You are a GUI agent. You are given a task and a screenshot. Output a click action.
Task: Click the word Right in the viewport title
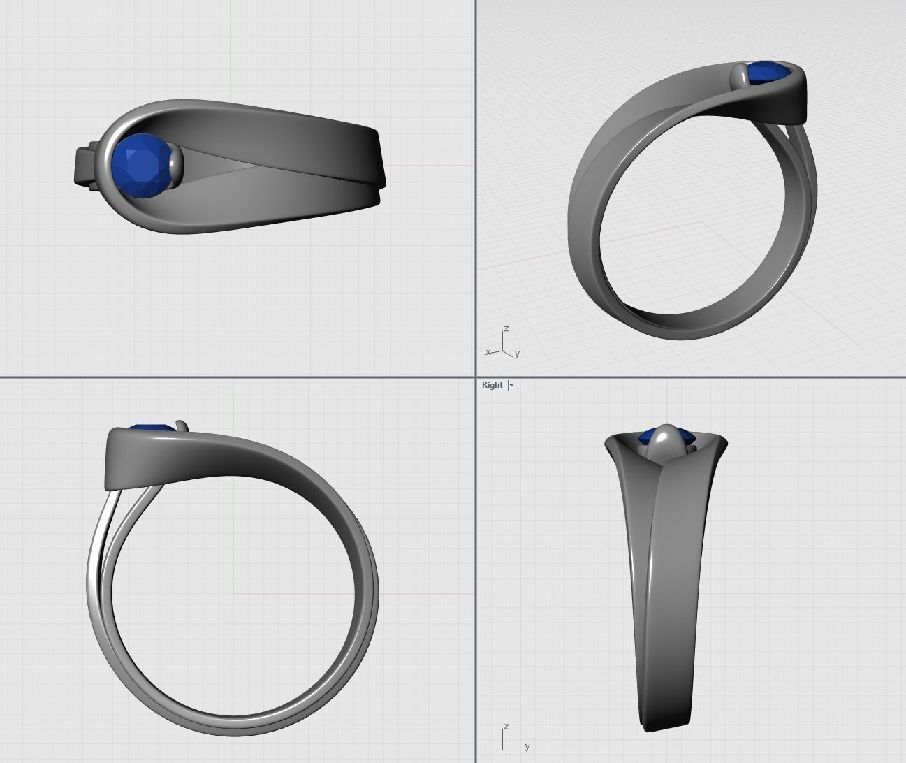click(x=492, y=385)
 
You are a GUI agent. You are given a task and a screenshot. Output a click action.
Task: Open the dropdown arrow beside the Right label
click(x=511, y=385)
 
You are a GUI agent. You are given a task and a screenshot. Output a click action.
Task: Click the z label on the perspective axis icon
click(x=506, y=328)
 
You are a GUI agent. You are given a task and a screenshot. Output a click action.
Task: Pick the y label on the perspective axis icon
click(x=517, y=354)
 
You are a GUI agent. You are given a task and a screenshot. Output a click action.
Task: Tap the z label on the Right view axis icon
click(x=506, y=727)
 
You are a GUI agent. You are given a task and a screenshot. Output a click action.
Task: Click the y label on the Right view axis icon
click(x=527, y=746)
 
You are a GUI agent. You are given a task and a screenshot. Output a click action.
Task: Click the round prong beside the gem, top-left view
click(x=176, y=166)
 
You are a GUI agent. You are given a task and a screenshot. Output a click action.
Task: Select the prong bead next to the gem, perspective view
click(x=739, y=75)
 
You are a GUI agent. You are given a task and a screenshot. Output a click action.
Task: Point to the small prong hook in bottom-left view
click(x=183, y=425)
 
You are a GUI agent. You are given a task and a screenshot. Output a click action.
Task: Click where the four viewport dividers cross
click(x=476, y=377)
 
